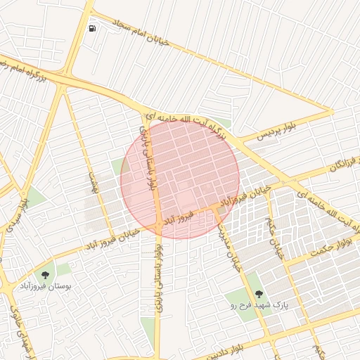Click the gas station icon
[x=93, y=29]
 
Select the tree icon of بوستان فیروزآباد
[x=46, y=275]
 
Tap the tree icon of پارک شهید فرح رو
[x=259, y=294]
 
